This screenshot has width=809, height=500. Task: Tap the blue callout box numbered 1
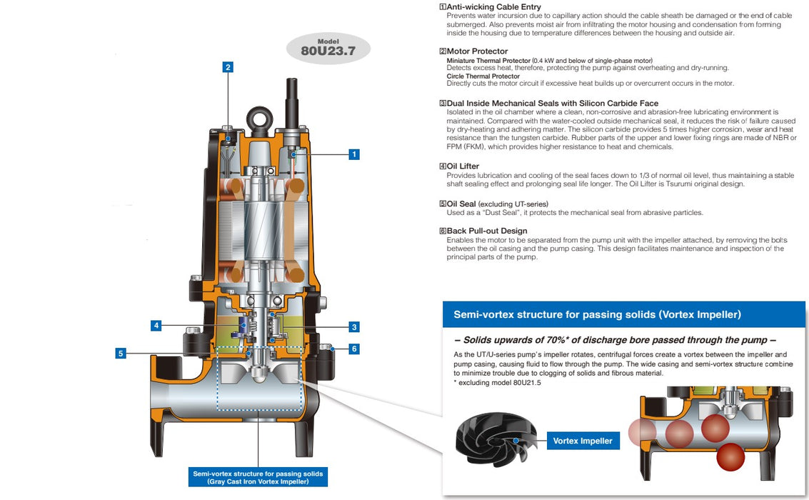354,154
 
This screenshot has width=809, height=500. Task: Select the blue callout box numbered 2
228,67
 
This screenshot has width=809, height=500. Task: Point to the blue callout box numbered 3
354,327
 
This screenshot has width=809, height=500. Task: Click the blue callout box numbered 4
156,326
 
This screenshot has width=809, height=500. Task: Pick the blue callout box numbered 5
121,353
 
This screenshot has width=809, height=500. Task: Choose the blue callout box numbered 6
354,349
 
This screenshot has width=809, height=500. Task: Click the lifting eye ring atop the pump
257,116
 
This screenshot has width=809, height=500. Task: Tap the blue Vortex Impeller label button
583,441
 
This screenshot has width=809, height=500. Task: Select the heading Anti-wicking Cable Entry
493,7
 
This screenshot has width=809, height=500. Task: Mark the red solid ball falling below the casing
730,456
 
